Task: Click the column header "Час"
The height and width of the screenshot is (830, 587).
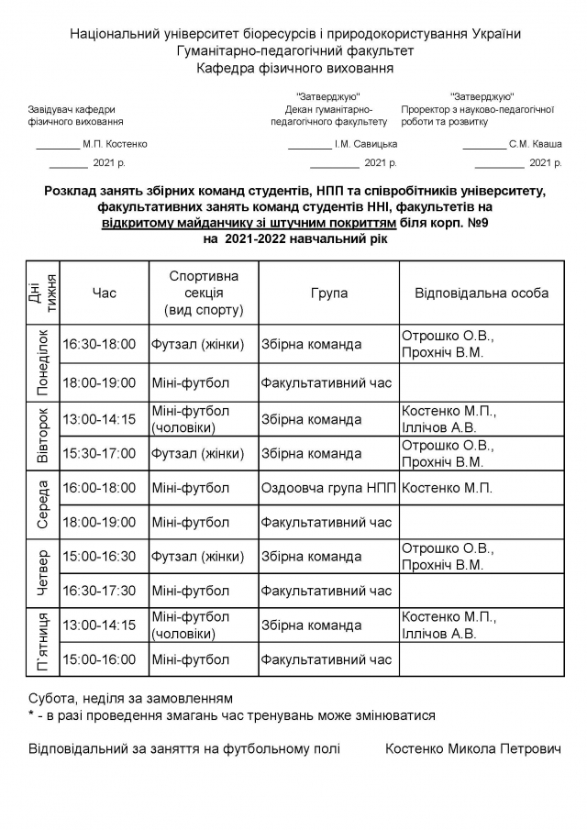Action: [105, 293]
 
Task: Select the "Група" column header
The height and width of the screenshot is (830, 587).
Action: [328, 293]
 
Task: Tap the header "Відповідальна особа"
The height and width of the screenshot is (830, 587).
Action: [482, 293]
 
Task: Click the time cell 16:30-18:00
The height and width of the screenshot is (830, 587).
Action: [99, 344]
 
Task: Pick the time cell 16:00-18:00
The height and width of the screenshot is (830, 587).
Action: [99, 488]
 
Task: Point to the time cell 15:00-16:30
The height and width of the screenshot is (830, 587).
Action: [99, 556]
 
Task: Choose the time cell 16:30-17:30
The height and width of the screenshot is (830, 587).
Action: [99, 590]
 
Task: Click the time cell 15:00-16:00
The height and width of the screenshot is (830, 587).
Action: [99, 658]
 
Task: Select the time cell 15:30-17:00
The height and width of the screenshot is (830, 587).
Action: [99, 452]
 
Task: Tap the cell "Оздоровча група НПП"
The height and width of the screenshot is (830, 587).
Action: [328, 488]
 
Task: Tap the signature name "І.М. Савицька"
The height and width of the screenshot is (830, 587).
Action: [366, 144]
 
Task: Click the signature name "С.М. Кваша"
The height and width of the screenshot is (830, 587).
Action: [536, 144]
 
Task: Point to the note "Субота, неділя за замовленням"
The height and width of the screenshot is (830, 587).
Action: [130, 698]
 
